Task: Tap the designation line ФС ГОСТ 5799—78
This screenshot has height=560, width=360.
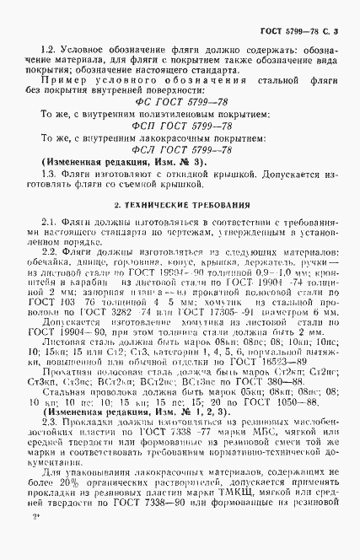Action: [x=180, y=105]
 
